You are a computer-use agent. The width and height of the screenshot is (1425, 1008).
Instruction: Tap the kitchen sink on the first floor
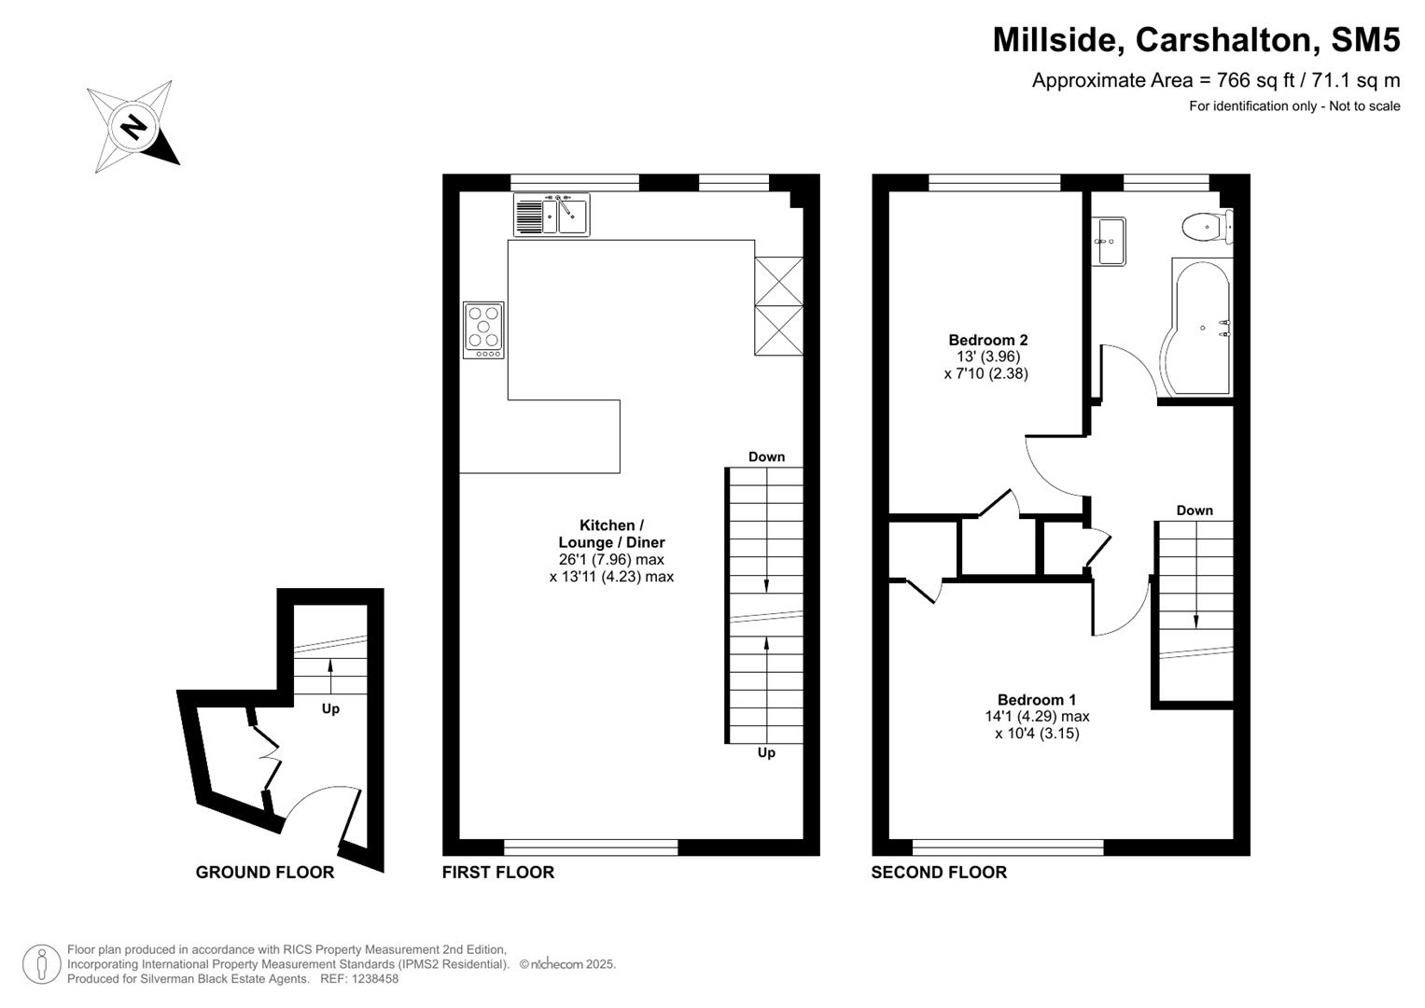coord(551,215)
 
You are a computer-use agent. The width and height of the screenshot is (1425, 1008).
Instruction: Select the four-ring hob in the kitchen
coord(483,329)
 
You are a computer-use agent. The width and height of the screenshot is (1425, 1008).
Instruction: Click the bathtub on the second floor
coord(1199,327)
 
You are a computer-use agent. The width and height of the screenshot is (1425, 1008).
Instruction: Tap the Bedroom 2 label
coord(987,340)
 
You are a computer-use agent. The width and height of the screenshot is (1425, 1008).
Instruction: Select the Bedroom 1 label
coord(1036,699)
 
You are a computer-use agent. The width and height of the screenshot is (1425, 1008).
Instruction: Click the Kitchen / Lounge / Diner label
coord(611,534)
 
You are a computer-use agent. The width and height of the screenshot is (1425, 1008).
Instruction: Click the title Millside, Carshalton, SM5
coord(1195,40)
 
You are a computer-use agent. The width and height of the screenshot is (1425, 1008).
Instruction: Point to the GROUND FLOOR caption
coord(264,872)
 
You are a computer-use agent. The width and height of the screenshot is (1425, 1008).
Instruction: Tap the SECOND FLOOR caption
coord(939,872)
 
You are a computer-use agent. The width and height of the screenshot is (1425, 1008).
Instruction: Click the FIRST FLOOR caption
coord(497,872)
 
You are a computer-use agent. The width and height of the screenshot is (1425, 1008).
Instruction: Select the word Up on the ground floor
coord(330,708)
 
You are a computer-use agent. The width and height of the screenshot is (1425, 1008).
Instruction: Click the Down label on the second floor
coord(1194,510)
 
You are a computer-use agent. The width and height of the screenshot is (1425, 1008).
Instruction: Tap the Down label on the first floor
coord(766,456)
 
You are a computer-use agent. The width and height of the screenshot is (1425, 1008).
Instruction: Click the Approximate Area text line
coord(1215,80)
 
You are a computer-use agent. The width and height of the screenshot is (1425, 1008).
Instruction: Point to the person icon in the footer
coord(41,964)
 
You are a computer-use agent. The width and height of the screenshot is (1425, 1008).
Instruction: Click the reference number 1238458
coord(371,979)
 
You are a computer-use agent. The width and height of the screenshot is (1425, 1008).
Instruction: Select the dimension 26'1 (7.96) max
coord(611,559)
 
